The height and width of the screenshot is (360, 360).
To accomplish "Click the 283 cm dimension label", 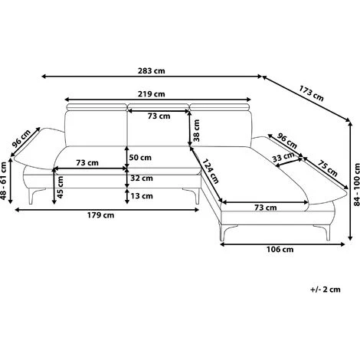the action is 152,70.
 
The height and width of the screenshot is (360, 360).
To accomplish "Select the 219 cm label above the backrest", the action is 152,94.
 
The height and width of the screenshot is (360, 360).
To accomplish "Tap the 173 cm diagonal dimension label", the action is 311,93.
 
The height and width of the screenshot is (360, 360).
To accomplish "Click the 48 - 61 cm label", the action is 3,181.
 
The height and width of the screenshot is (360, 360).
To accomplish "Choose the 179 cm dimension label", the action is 100,215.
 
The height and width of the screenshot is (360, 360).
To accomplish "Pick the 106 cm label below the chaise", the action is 280,249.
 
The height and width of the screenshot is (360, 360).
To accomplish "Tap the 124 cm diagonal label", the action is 211,171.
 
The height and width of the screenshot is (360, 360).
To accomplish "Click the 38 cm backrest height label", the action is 196,130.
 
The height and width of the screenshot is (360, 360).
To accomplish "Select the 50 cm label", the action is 140,158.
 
